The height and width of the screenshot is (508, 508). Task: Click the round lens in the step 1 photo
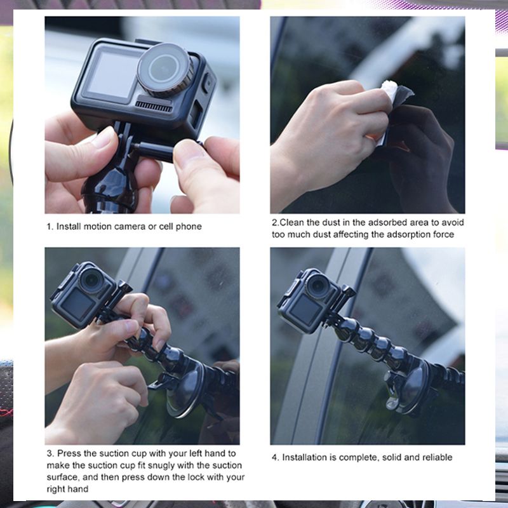(x=165, y=69)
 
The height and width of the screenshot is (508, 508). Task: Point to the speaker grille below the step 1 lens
(x=154, y=106)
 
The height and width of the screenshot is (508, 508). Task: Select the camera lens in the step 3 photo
(x=91, y=280)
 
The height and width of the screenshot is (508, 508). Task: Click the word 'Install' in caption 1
(x=69, y=227)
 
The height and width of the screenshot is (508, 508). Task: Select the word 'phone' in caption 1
(x=189, y=227)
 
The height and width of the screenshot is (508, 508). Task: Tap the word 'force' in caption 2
(x=443, y=234)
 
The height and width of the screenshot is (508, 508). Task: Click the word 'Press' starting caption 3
(x=69, y=453)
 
